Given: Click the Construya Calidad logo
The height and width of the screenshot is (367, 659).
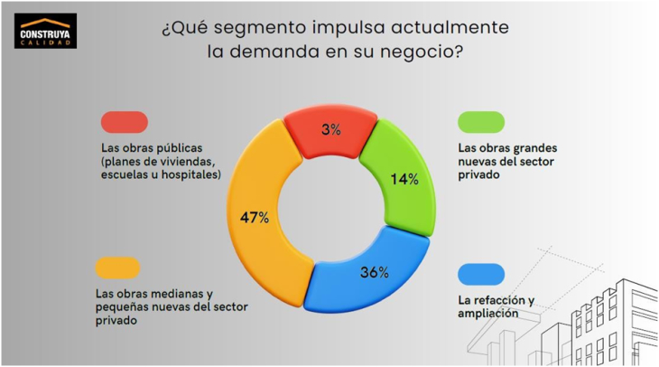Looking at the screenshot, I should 44,31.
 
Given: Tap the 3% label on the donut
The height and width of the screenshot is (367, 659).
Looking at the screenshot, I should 330,129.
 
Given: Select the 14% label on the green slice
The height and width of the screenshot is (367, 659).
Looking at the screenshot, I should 404,179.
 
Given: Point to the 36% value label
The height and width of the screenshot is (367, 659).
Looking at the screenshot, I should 374,271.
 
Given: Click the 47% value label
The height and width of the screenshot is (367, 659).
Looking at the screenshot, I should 255,218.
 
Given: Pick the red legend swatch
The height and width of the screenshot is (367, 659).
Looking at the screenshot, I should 125,122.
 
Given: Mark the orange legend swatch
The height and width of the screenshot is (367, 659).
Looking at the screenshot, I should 117,268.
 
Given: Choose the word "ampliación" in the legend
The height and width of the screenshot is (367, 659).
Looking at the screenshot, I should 488,314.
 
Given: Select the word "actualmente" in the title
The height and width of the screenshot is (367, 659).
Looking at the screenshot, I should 451,28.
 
